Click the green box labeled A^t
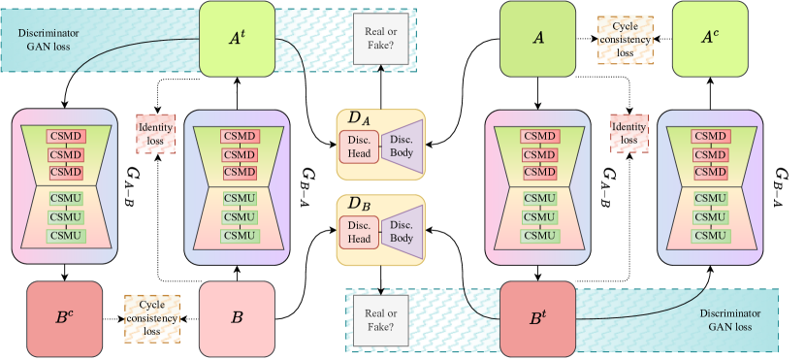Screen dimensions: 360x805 (x=237, y=39)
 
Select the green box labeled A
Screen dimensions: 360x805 (x=538, y=39)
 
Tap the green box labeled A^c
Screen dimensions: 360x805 (x=710, y=39)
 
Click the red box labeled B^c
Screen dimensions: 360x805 (x=65, y=318)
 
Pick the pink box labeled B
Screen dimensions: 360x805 (x=237, y=318)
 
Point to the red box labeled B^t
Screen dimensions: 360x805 (x=538, y=318)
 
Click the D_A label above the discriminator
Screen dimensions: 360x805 (x=359, y=119)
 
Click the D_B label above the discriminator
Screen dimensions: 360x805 (x=359, y=205)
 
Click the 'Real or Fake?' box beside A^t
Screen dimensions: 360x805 (x=380, y=39)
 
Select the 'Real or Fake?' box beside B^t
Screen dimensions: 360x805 (x=380, y=320)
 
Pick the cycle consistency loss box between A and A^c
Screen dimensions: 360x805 (x=625, y=40)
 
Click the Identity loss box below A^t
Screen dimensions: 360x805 (x=155, y=134)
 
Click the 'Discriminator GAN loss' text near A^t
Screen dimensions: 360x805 (x=48, y=39)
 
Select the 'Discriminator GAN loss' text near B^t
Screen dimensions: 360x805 (x=729, y=320)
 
